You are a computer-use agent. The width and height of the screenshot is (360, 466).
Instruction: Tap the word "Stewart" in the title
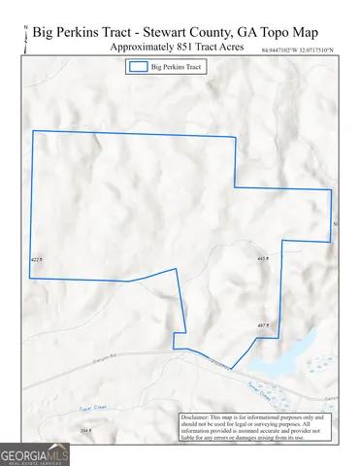169,31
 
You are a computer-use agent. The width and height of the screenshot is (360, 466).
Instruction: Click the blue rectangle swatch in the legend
139,68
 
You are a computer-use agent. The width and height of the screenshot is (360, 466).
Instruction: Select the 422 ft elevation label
37,259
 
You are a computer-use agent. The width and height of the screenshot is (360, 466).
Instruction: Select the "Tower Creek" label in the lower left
92,411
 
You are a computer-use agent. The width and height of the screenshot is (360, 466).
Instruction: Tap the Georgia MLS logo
35,454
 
